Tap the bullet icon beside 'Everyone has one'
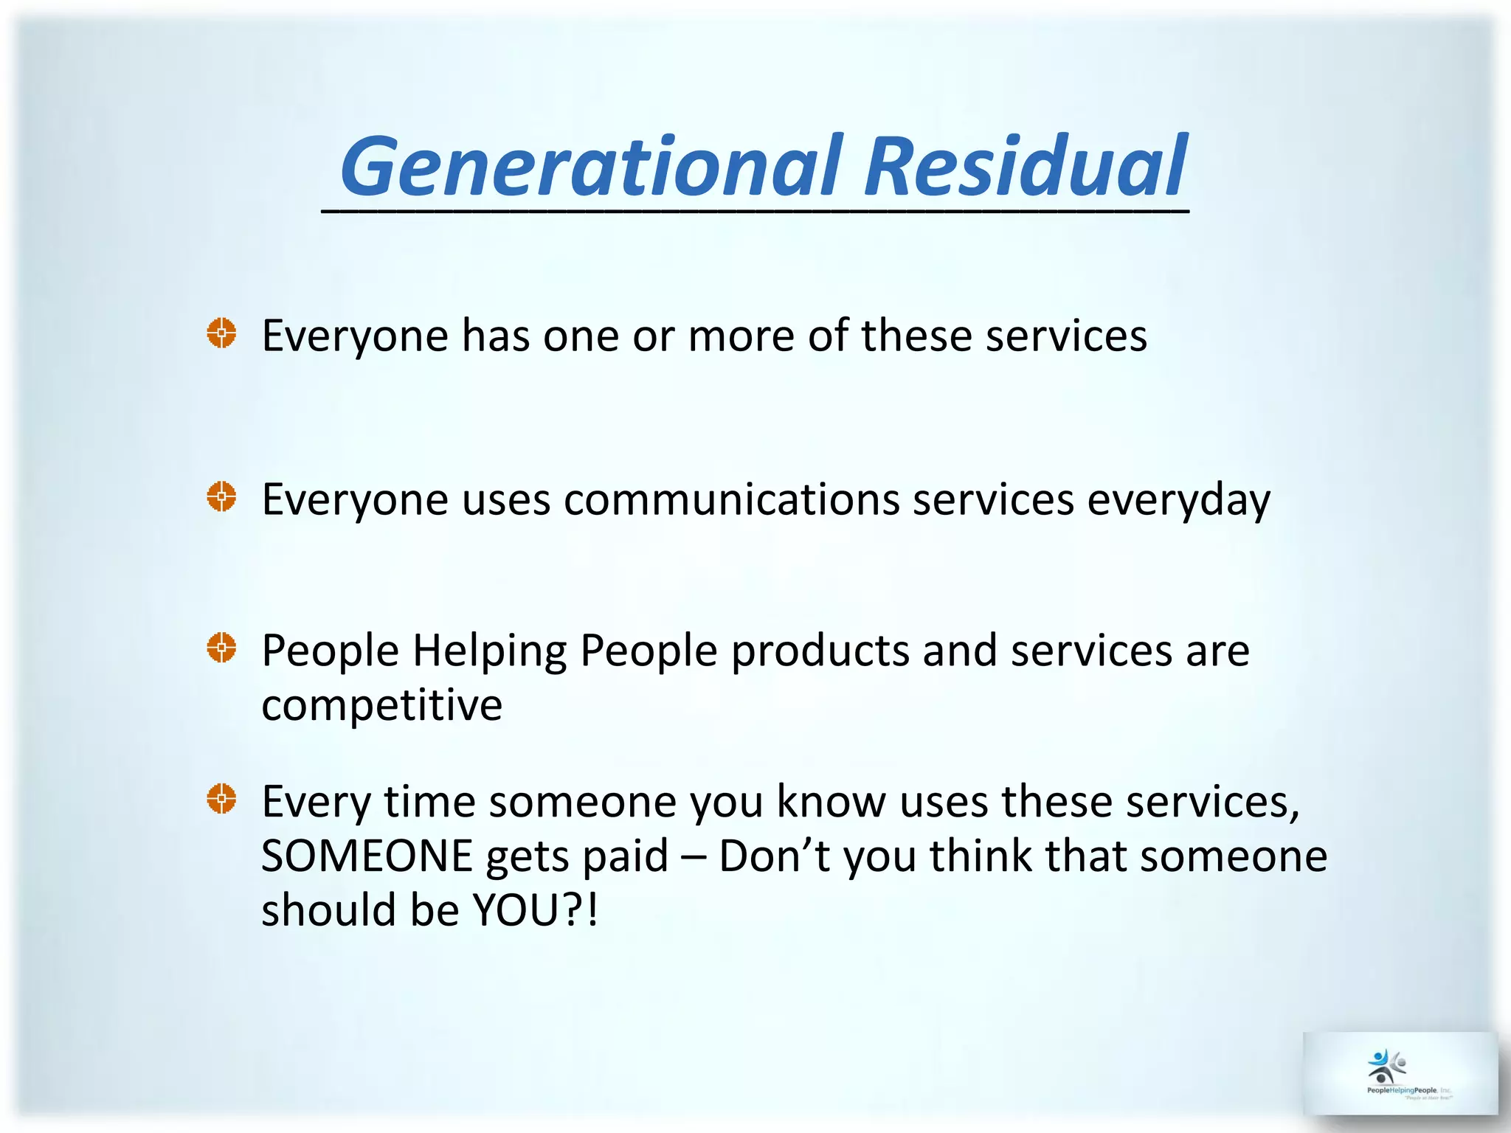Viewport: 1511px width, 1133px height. (x=221, y=333)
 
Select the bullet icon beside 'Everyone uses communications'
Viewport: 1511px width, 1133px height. (x=221, y=497)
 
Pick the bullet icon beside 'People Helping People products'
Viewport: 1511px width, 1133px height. (x=221, y=648)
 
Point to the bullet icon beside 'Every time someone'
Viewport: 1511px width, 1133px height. (x=221, y=799)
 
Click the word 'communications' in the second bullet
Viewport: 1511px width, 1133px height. (x=731, y=500)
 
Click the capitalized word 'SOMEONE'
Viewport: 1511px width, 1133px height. (x=367, y=856)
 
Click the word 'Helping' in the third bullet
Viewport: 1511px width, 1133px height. (x=489, y=652)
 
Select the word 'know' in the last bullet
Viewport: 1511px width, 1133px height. (x=831, y=802)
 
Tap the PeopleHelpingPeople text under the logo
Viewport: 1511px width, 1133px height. (x=1401, y=1090)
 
